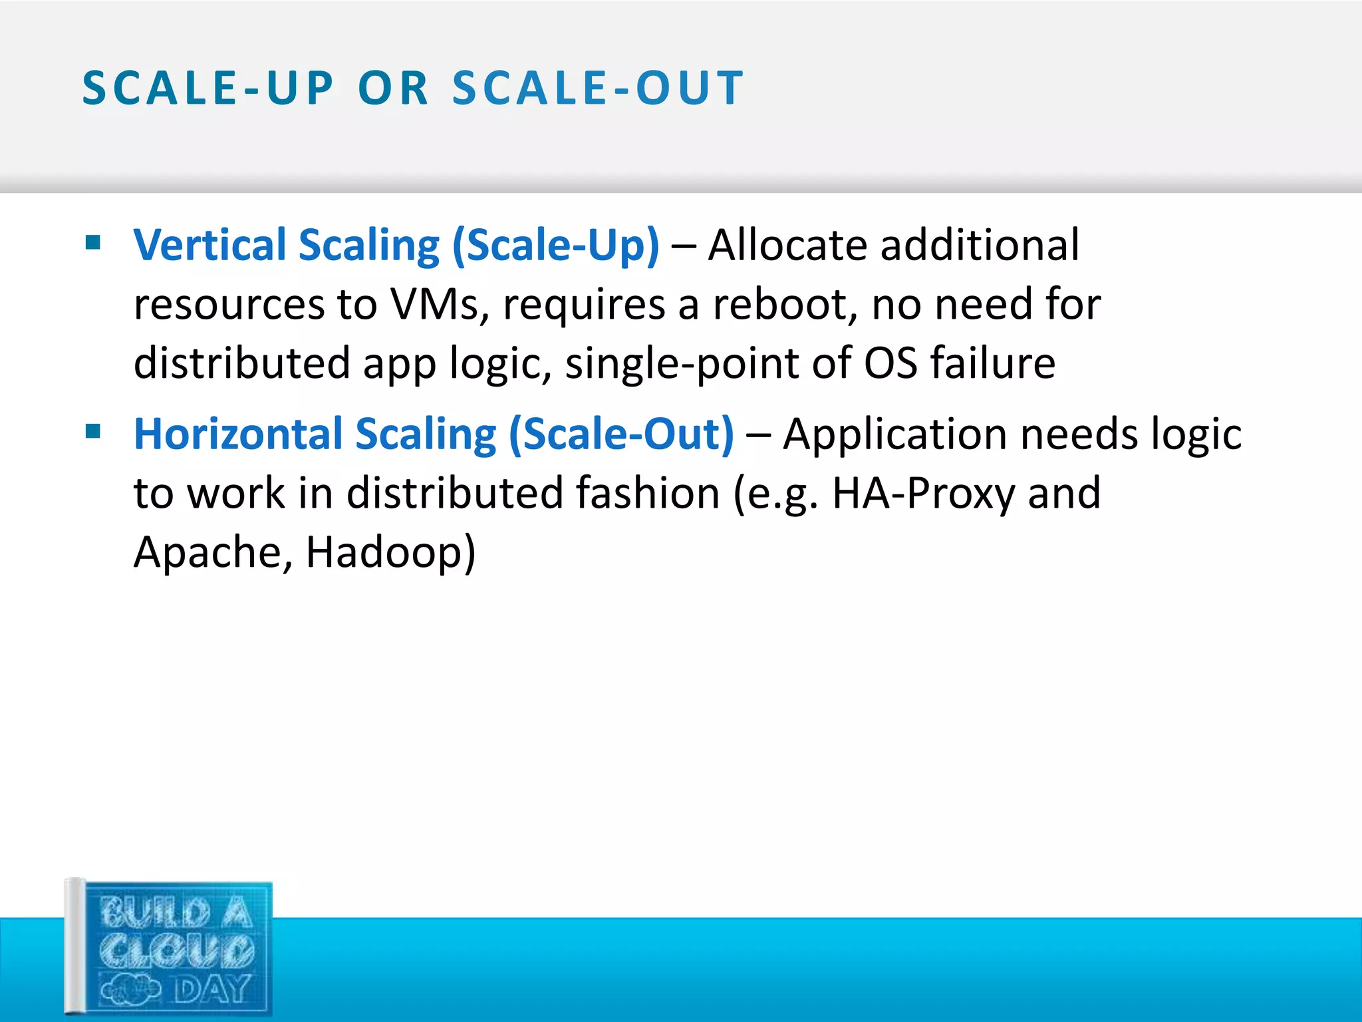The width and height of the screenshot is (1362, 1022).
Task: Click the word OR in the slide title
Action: [393, 88]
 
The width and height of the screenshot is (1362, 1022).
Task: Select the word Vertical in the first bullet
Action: [209, 245]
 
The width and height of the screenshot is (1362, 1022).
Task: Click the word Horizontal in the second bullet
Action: [238, 434]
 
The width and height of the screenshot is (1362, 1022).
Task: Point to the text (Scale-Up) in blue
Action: [556, 246]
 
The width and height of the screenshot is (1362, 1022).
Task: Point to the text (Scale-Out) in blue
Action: [622, 434]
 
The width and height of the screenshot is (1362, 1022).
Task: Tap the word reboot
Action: [785, 305]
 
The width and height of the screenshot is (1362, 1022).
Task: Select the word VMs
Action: [439, 305]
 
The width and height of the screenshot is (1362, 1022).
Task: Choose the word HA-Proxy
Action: [923, 494]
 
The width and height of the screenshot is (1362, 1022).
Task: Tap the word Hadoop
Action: [390, 552]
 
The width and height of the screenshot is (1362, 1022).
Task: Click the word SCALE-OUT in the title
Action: [598, 88]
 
